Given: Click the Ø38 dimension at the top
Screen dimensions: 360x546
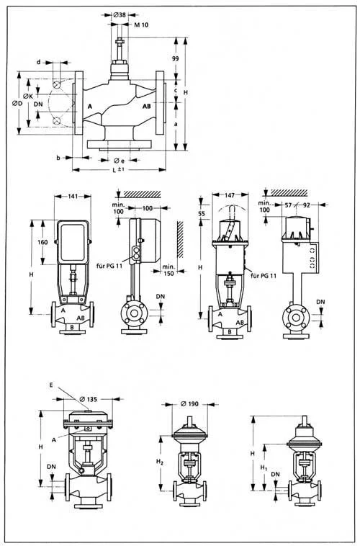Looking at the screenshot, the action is point(120,14).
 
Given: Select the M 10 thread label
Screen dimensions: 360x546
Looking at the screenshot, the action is point(141,24).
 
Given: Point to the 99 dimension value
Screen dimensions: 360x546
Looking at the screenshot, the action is point(176,58).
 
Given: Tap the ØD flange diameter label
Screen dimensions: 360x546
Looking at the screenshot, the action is point(17,104).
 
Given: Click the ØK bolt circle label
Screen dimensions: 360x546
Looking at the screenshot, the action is point(28,96).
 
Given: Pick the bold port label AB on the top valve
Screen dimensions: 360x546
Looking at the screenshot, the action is point(147,106).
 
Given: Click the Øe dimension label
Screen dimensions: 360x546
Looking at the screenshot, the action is point(119,160).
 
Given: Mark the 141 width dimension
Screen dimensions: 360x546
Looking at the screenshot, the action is point(73,197).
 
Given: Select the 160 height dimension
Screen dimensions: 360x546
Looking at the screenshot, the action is point(42,241).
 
